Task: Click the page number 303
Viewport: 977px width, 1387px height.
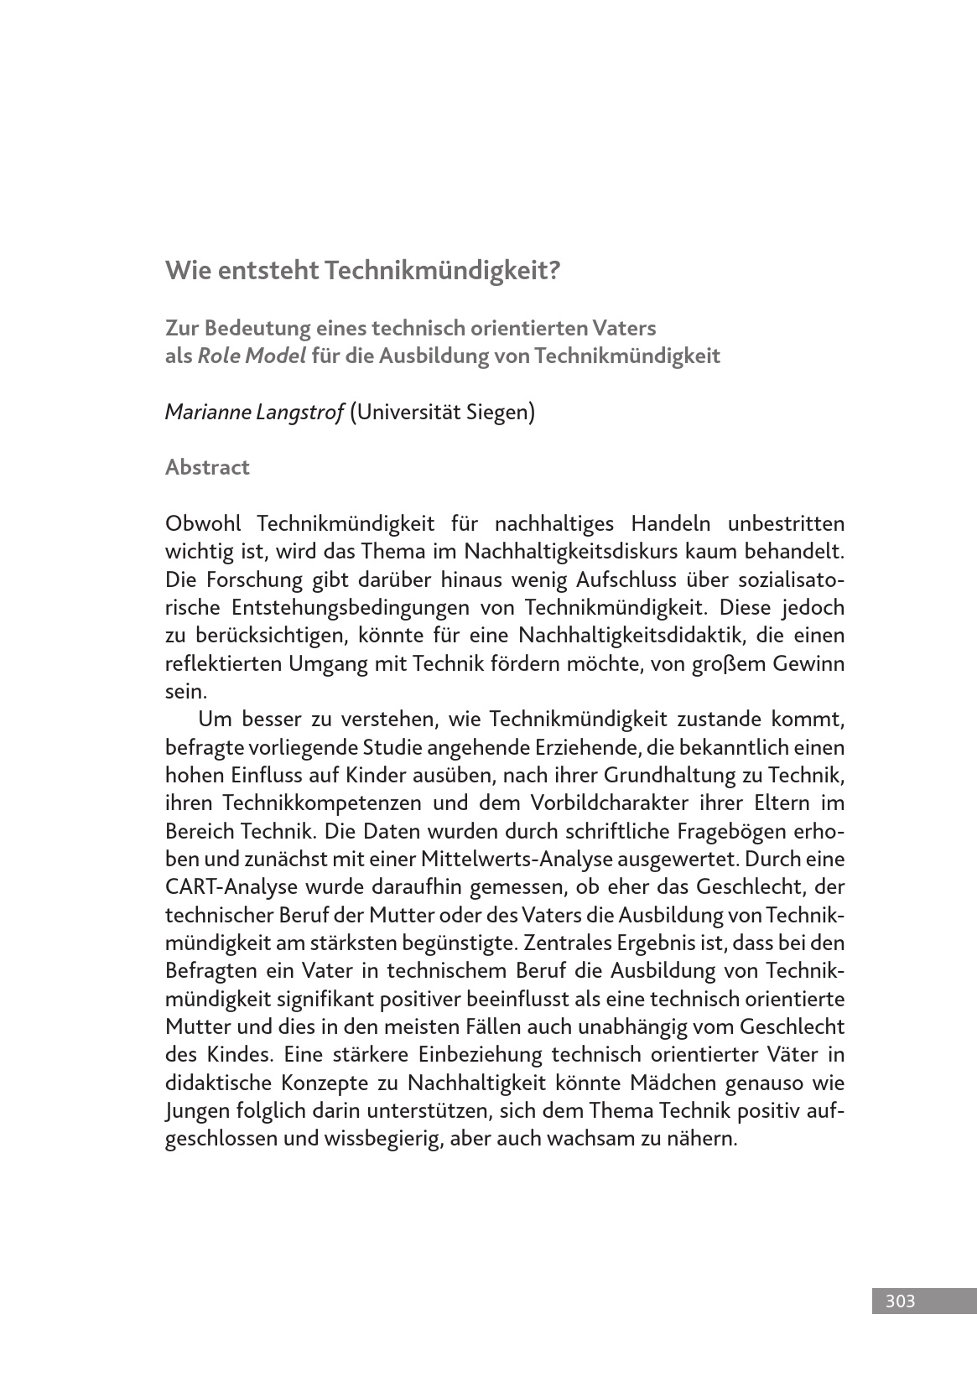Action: [899, 1301]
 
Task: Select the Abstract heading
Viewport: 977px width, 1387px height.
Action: [207, 467]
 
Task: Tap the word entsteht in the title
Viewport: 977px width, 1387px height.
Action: [267, 270]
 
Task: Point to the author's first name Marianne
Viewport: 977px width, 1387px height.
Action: [207, 412]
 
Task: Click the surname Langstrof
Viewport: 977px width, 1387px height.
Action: [299, 412]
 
